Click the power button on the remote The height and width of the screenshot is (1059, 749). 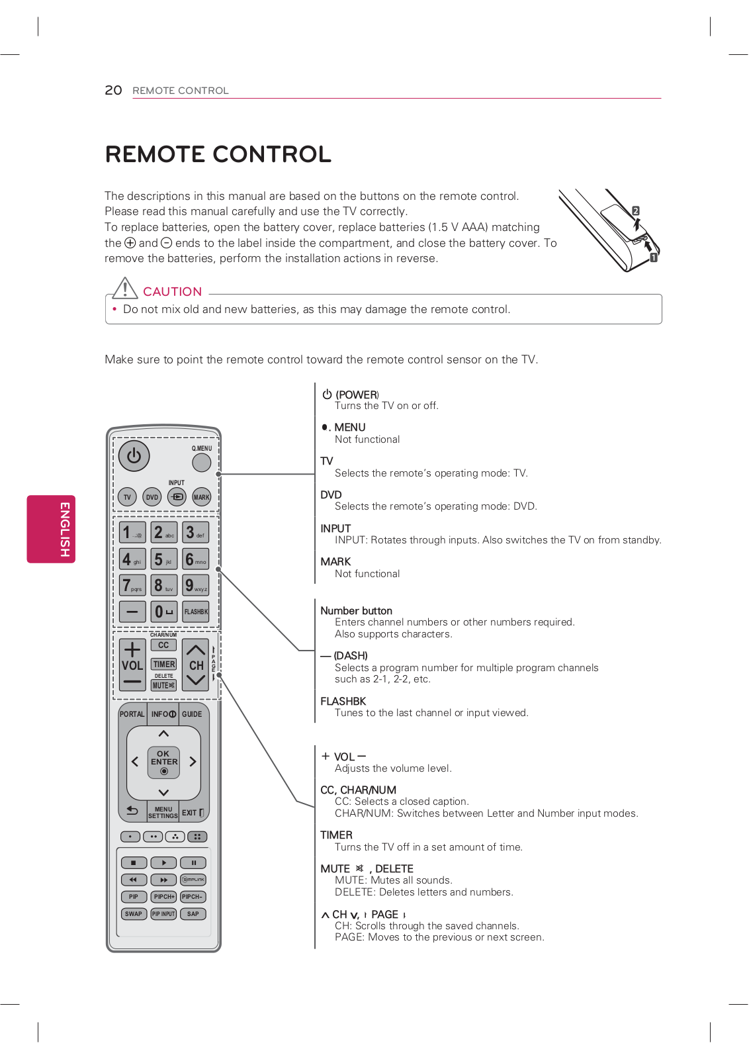click(x=134, y=456)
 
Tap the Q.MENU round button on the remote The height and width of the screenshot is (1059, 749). click(x=201, y=462)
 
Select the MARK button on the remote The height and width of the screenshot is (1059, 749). click(x=201, y=497)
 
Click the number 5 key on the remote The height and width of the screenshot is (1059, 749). click(x=163, y=559)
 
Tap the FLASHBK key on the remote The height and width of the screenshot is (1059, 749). click(x=196, y=612)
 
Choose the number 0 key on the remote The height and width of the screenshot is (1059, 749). click(x=163, y=612)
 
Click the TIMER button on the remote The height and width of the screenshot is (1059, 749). click(x=163, y=664)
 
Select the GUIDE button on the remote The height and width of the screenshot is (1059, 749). click(x=193, y=714)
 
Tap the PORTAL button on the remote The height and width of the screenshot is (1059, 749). click(x=132, y=714)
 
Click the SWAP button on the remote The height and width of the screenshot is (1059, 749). click(x=133, y=914)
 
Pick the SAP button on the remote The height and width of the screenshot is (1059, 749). click(x=193, y=914)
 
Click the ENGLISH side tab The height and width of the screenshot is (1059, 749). click(x=52, y=529)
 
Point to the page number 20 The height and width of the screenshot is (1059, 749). click(x=113, y=90)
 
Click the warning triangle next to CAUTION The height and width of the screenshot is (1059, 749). click(x=124, y=289)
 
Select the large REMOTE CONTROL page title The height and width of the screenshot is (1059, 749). click(x=218, y=154)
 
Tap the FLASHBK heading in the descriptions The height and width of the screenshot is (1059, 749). click(x=343, y=701)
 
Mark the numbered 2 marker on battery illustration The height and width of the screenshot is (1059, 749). click(x=635, y=210)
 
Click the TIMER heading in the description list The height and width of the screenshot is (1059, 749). click(x=336, y=835)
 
